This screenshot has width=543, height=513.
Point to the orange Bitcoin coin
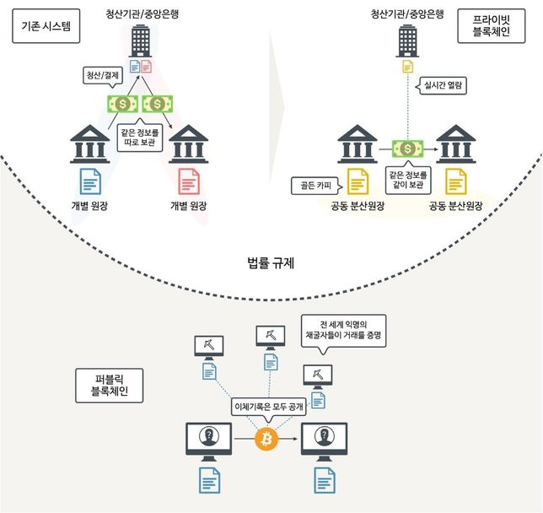click(x=266, y=439)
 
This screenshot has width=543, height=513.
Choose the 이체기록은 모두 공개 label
click(x=269, y=406)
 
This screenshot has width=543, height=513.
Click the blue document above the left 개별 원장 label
click(x=89, y=181)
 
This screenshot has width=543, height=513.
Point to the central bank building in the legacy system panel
click(x=141, y=38)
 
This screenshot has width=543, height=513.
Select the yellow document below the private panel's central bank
click(x=409, y=66)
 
